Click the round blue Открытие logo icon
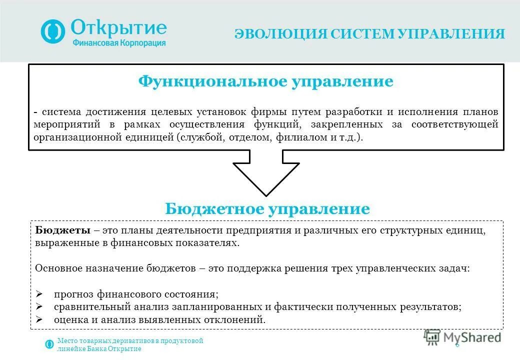pyautogui.click(x=53, y=31)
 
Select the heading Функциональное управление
pyautogui.click(x=265, y=81)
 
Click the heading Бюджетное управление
pyautogui.click(x=267, y=209)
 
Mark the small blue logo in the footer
pyautogui.click(x=49, y=344)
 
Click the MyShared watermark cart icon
pyautogui.click(x=431, y=337)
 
